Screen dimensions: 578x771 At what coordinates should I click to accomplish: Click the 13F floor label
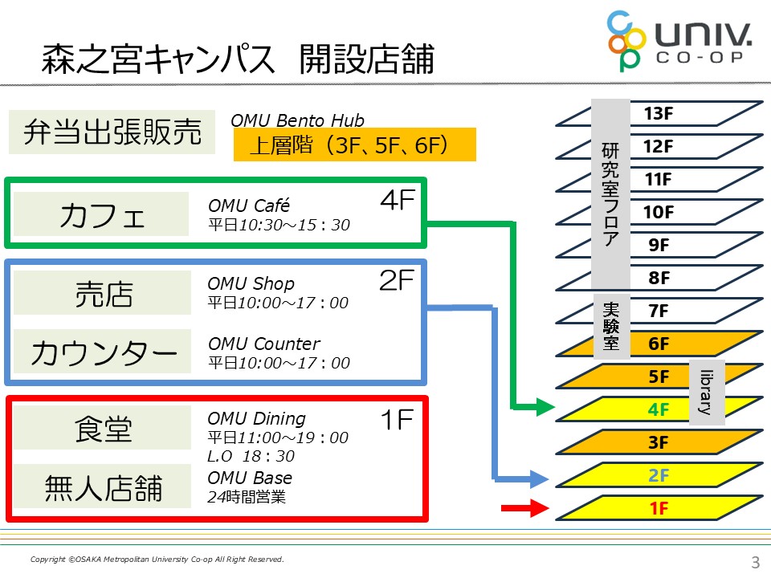[x=658, y=114]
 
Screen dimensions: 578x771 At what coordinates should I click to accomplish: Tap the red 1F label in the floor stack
[x=659, y=507]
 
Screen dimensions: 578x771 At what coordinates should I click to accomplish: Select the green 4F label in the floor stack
[x=659, y=409]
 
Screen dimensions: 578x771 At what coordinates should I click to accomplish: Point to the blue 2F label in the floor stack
[x=659, y=475]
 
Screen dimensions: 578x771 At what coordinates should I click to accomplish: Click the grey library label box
[x=707, y=392]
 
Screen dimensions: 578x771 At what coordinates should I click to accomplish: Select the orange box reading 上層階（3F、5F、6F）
[x=354, y=145]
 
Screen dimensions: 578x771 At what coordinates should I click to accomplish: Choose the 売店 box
[x=102, y=293]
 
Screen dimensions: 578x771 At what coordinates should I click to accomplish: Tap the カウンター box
[x=102, y=352]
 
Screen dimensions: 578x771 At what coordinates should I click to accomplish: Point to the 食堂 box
[x=102, y=428]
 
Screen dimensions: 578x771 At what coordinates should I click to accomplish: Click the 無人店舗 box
[x=102, y=486]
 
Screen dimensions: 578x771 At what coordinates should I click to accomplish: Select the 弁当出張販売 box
[x=112, y=132]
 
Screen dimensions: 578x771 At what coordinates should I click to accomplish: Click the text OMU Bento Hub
[x=297, y=120]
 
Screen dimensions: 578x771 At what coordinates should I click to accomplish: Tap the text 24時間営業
[x=247, y=497]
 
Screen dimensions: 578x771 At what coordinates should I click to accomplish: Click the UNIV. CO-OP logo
[x=679, y=40]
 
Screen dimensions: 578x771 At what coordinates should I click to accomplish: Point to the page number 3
[x=753, y=560]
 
